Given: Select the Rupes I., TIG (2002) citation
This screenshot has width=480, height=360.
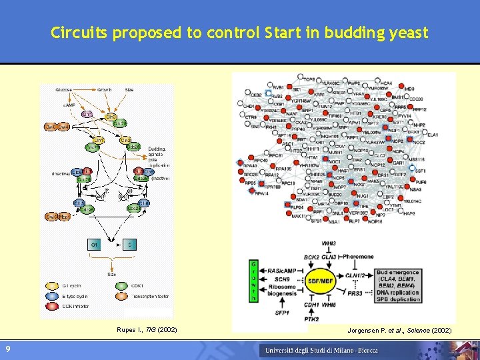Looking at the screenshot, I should pyautogui.click(x=148, y=331).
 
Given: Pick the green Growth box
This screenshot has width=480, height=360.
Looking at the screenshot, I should pyautogui.click(x=253, y=281).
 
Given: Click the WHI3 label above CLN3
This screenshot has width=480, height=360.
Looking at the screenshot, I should pyautogui.click(x=329, y=244).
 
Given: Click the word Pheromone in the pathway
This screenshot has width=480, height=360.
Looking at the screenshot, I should pyautogui.click(x=359, y=257).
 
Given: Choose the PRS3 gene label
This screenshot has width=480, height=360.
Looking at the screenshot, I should pyautogui.click(x=355, y=292).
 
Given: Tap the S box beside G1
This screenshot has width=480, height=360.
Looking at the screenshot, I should pyautogui.click(x=129, y=246).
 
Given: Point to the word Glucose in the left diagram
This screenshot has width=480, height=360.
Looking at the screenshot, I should pyautogui.click(x=65, y=89).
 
